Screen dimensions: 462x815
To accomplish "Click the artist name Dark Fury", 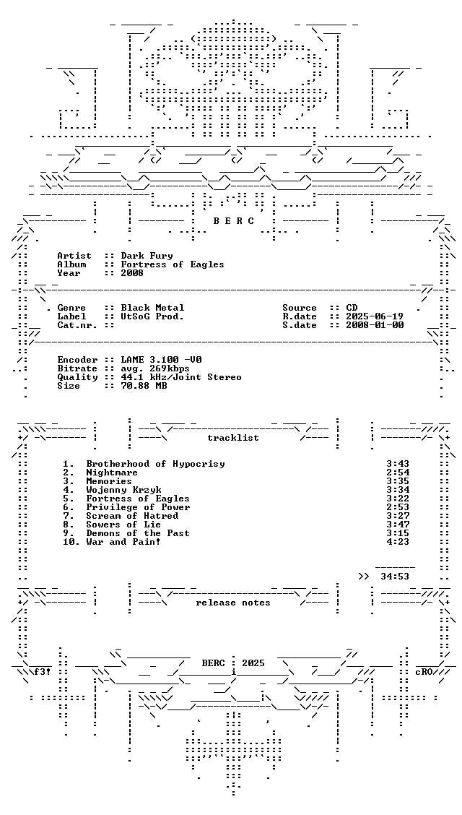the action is pos(147,256).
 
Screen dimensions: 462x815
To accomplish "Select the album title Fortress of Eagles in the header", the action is pos(173,264).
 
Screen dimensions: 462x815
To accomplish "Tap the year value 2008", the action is pos(132,273).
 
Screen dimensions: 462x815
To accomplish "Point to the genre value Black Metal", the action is pos(152,308).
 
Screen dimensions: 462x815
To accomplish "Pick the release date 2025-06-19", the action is pos(375,316).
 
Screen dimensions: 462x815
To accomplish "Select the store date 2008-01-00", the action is pos(375,325).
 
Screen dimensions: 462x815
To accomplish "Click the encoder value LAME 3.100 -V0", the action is pos(162,360).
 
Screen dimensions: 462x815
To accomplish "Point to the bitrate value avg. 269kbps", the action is pos(156,368).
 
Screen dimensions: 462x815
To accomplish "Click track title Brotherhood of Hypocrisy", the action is pos(156,464).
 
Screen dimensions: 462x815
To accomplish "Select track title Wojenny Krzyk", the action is pos(124,490).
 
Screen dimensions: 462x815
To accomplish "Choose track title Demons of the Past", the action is pos(138,533).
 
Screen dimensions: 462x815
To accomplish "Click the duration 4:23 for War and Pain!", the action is pos(398,542).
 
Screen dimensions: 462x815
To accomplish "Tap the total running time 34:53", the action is pos(395,577).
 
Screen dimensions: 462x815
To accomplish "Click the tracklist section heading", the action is pos(233,438).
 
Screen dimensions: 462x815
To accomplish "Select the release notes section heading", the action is pos(233,603).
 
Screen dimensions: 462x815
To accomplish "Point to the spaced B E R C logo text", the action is pos(234,221).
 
